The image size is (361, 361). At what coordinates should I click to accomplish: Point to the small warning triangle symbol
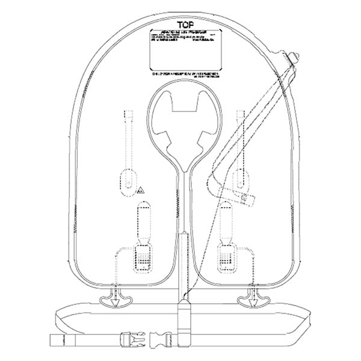tap(141, 191)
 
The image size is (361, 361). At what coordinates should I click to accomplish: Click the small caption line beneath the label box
tap(180, 75)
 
